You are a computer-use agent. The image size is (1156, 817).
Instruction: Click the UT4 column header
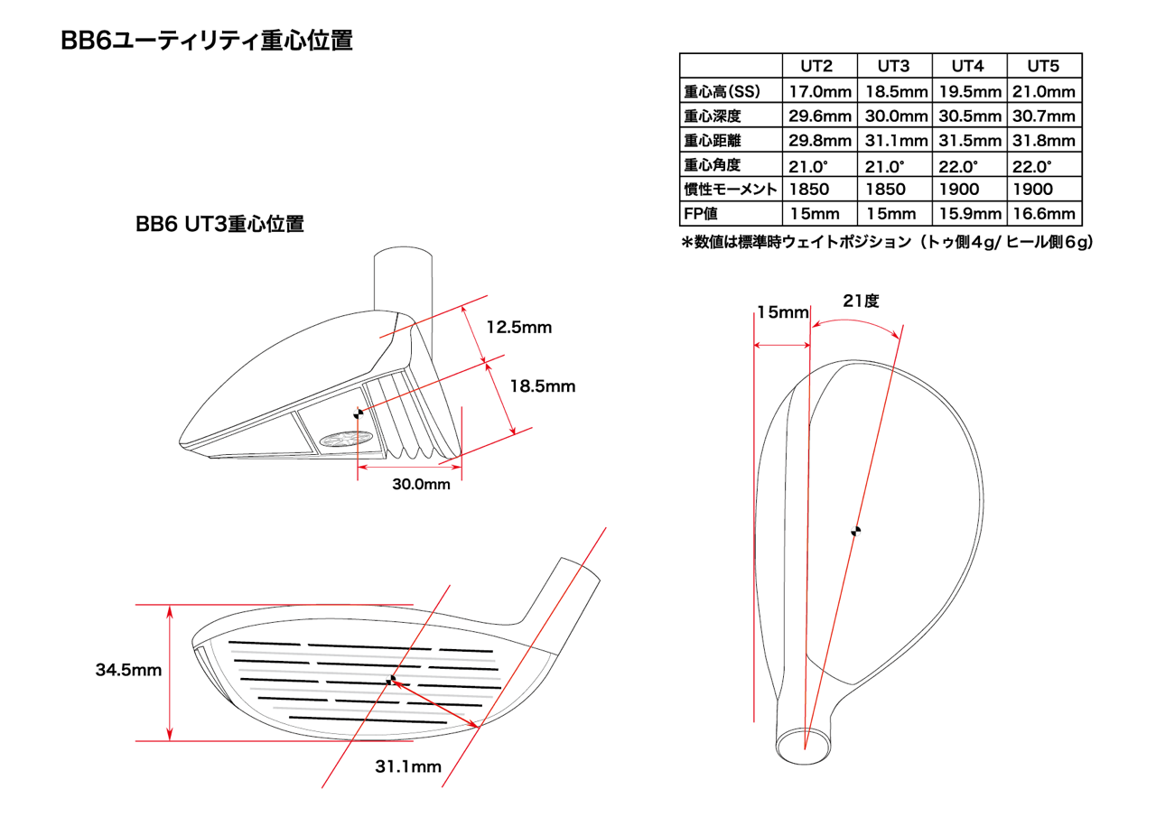click(x=967, y=66)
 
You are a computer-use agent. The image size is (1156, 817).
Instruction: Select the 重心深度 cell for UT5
click(x=1043, y=116)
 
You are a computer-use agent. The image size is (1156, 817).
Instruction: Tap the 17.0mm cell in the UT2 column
click(x=820, y=91)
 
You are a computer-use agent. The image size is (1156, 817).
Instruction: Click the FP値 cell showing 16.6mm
click(x=1043, y=214)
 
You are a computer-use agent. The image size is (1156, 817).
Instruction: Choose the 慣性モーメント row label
click(x=731, y=190)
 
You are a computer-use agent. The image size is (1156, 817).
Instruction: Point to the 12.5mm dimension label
click(x=518, y=327)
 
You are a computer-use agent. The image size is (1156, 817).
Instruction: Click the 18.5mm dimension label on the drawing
click(x=542, y=385)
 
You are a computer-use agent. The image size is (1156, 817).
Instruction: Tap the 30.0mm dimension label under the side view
click(x=421, y=485)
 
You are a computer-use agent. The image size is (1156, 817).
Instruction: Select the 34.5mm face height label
click(x=128, y=671)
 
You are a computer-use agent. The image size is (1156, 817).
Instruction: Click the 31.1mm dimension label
click(x=408, y=767)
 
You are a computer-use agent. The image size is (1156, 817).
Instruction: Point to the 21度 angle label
click(x=861, y=302)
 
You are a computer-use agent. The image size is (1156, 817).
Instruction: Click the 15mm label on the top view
click(x=782, y=312)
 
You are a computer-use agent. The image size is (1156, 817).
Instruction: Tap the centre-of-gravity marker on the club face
click(x=391, y=679)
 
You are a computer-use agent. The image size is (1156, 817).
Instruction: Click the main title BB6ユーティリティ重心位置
click(x=206, y=42)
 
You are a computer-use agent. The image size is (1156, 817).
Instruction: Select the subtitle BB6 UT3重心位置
click(x=219, y=224)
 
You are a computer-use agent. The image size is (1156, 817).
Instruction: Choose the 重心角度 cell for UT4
click(x=967, y=166)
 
